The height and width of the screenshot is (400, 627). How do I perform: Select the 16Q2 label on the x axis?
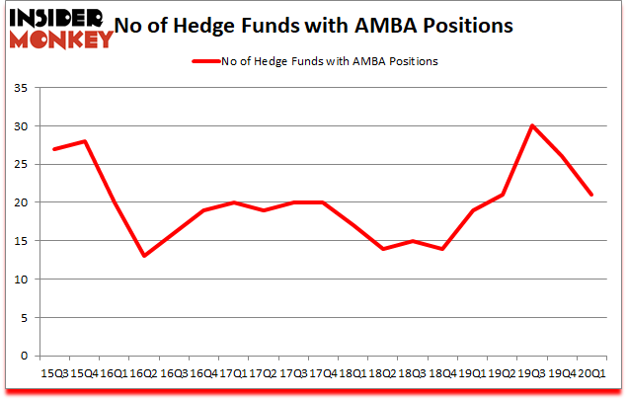point(144,374)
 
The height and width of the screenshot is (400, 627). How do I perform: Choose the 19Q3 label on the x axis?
point(531,374)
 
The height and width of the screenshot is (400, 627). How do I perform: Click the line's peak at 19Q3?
point(532,126)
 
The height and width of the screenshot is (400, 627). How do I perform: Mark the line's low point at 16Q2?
point(145,256)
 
